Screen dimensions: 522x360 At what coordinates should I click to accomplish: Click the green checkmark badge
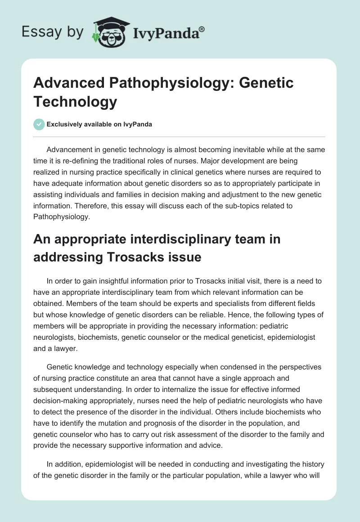pos(39,124)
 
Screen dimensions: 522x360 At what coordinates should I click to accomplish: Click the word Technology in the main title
pos(75,102)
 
